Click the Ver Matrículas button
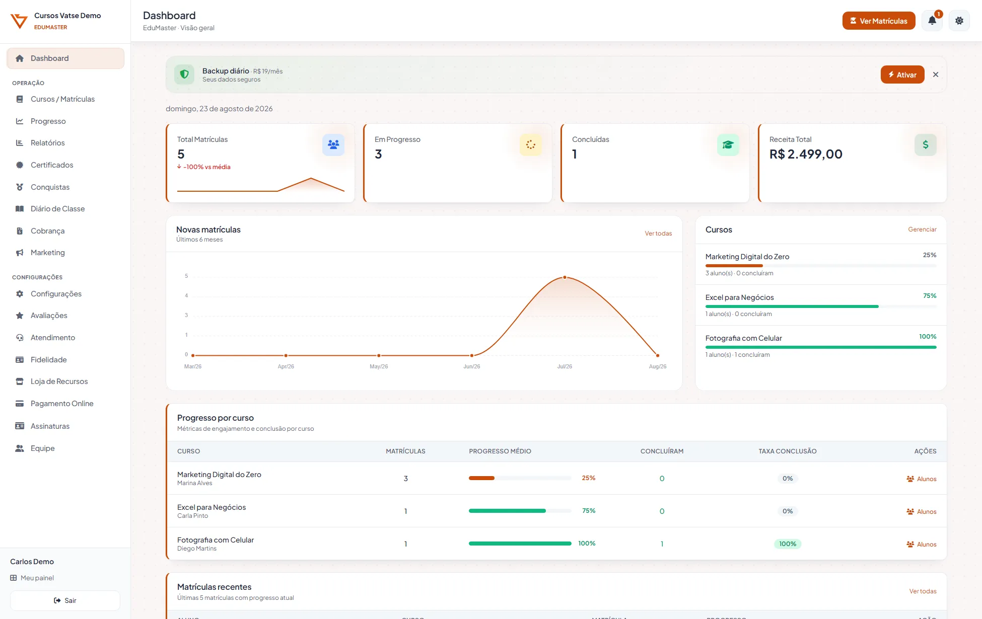pyautogui.click(x=879, y=21)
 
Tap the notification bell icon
pyautogui.click(x=932, y=21)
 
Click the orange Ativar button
pyautogui.click(x=902, y=74)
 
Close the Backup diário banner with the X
pyautogui.click(x=936, y=74)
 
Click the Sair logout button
pyautogui.click(x=65, y=600)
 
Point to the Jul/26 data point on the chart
pyautogui.click(x=565, y=277)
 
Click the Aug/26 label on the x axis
pyautogui.click(x=658, y=366)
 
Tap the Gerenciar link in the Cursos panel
pyautogui.click(x=922, y=229)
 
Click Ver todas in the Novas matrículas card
pyautogui.click(x=658, y=234)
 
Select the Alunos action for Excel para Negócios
pyautogui.click(x=922, y=512)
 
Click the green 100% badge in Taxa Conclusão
pyautogui.click(x=788, y=544)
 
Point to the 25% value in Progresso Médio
pyautogui.click(x=589, y=478)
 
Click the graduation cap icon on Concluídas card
pyautogui.click(x=728, y=145)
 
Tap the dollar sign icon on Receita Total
pyautogui.click(x=926, y=145)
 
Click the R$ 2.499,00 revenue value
pyautogui.click(x=806, y=154)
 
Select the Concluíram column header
pyautogui.click(x=662, y=451)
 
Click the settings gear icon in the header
pyautogui.click(x=959, y=21)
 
